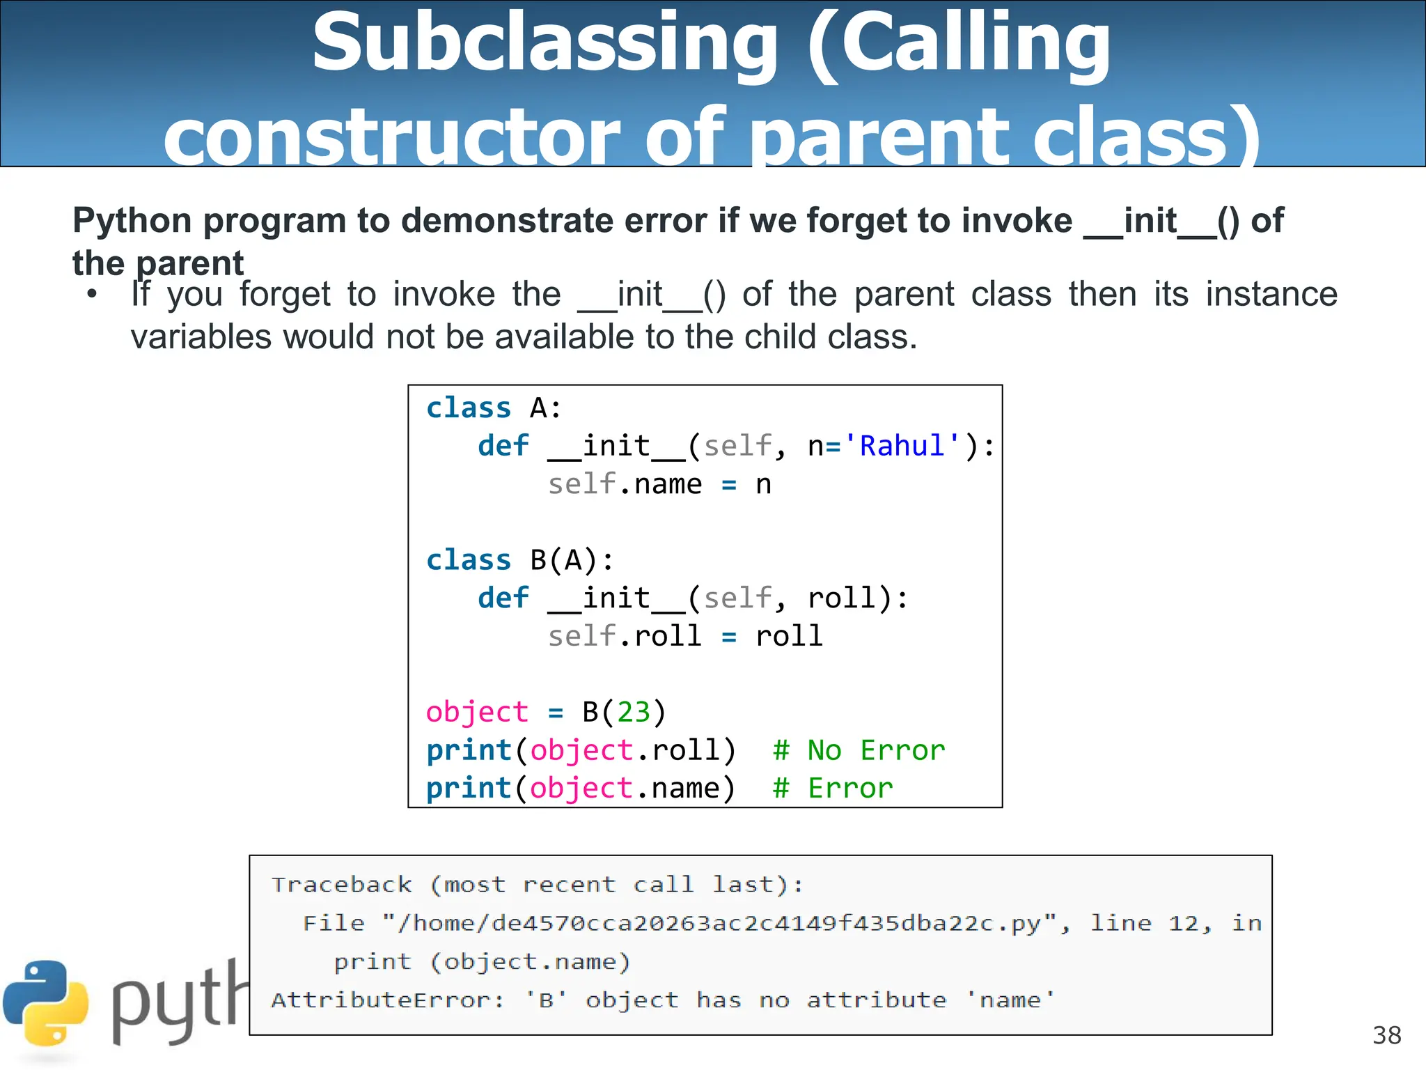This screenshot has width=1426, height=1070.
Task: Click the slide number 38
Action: tap(1386, 1035)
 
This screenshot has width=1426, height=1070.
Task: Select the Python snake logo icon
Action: tap(46, 1004)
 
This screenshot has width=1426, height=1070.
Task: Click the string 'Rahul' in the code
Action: tap(902, 446)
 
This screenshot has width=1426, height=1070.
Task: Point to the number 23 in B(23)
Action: tap(634, 712)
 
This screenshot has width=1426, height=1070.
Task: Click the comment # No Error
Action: tap(859, 750)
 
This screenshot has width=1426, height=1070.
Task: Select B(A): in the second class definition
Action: tap(572, 560)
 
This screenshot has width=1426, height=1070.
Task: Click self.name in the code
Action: tap(625, 484)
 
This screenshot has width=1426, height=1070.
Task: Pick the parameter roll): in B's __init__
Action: tap(858, 598)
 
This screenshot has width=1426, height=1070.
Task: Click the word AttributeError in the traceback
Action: tap(386, 1000)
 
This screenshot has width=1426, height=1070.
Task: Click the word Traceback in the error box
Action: tap(341, 885)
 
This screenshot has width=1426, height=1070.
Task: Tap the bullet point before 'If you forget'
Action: tap(92, 294)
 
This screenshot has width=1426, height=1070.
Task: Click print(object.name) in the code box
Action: tap(581, 788)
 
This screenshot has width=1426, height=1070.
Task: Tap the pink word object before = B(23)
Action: tap(477, 712)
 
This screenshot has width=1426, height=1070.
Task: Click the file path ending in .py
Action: tap(724, 923)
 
